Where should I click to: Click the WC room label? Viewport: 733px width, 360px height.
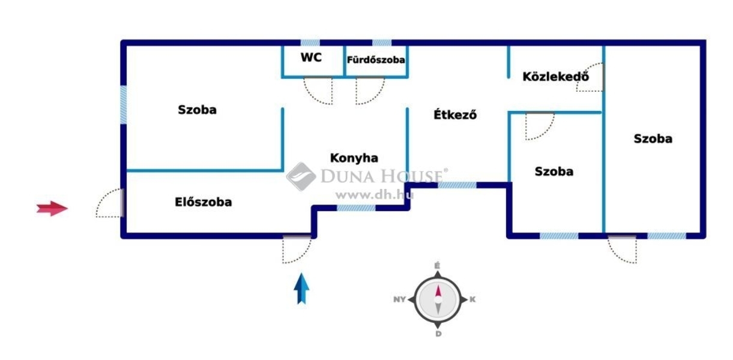tap(311, 58)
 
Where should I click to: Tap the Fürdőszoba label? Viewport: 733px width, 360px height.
tap(376, 60)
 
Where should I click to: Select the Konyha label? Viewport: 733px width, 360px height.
tap(354, 158)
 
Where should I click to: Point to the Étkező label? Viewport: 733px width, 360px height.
tap(455, 115)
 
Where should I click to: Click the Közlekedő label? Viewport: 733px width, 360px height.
tap(556, 77)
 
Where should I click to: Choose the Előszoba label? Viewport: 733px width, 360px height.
tap(204, 202)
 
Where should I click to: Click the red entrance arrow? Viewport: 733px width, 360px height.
tap(52, 208)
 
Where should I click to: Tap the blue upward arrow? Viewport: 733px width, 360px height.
tap(301, 289)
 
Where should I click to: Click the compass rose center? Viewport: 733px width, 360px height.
tap(438, 299)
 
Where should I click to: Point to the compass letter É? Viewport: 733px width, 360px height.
tap(437, 266)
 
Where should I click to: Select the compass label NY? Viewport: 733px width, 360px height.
tap(399, 299)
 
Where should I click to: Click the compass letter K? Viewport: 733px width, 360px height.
tap(472, 299)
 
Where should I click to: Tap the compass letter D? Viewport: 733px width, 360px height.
tap(438, 334)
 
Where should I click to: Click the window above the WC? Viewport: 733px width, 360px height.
tap(310, 43)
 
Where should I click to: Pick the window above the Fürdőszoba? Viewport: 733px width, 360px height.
tap(382, 43)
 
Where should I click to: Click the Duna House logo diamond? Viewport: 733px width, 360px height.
tap(301, 176)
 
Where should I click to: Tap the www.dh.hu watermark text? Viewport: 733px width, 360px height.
tap(375, 195)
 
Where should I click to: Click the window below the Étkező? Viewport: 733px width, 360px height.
tap(457, 185)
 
